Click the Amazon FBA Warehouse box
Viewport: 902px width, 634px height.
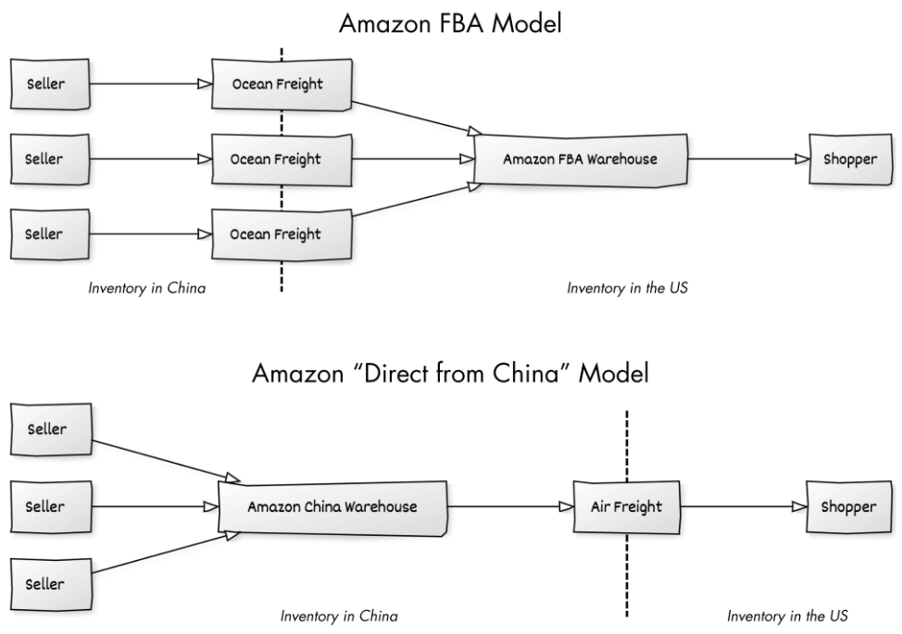(x=581, y=160)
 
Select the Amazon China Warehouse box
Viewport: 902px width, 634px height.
(x=332, y=507)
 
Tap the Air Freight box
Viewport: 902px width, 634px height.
(x=626, y=507)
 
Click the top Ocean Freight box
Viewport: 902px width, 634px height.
(x=282, y=84)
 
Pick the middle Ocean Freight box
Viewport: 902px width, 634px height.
(x=282, y=160)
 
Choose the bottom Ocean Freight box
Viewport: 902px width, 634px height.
(x=282, y=234)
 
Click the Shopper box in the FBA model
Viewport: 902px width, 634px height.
(x=850, y=159)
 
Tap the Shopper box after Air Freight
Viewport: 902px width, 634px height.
(x=849, y=507)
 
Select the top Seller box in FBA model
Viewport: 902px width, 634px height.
(x=50, y=84)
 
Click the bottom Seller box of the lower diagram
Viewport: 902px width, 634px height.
(x=51, y=584)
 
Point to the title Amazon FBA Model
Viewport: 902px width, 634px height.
(x=450, y=24)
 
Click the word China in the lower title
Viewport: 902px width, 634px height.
(x=526, y=373)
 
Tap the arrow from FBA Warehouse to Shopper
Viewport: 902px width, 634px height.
(x=748, y=158)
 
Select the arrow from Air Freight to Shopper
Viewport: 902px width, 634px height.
(x=744, y=506)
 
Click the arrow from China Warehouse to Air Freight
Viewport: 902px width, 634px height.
(x=511, y=506)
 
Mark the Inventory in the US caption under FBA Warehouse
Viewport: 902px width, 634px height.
(x=628, y=288)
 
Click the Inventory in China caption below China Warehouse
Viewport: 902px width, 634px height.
(x=339, y=616)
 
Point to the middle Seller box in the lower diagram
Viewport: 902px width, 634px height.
(x=51, y=506)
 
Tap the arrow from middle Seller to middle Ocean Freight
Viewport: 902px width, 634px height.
(x=151, y=158)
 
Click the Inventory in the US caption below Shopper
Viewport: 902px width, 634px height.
(x=787, y=616)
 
